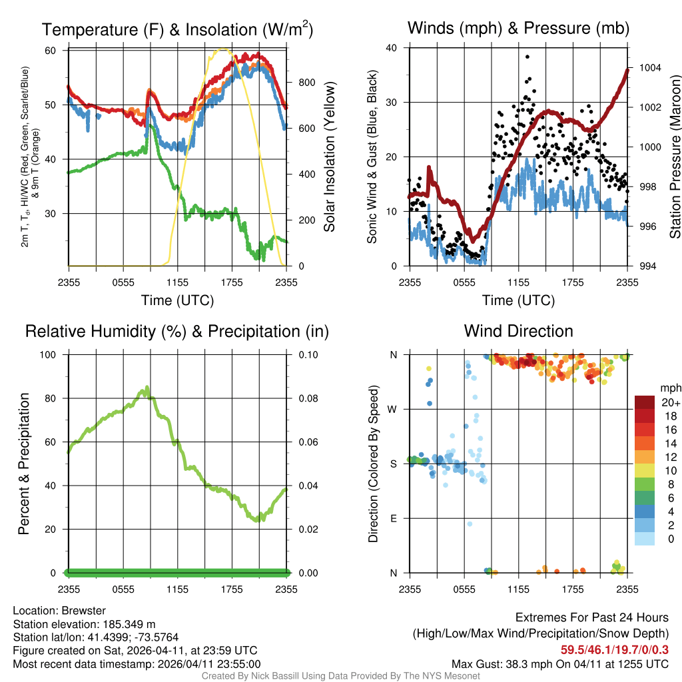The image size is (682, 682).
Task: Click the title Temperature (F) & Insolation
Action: [x=177, y=29]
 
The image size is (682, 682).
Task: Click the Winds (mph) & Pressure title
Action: [x=518, y=28]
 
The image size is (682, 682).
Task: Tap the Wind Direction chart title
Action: [x=518, y=331]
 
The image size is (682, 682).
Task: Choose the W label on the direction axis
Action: [x=394, y=409]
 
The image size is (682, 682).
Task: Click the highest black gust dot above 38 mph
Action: [x=527, y=57]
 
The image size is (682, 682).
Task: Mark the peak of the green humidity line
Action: [x=147, y=387]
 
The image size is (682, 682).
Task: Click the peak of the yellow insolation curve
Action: [x=223, y=49]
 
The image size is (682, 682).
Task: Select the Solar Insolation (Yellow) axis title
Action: [x=329, y=157]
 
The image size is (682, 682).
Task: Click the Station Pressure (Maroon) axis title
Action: [x=675, y=157]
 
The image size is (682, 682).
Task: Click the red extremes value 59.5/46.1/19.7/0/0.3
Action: [x=614, y=650]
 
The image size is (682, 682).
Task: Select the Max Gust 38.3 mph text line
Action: [x=560, y=664]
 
